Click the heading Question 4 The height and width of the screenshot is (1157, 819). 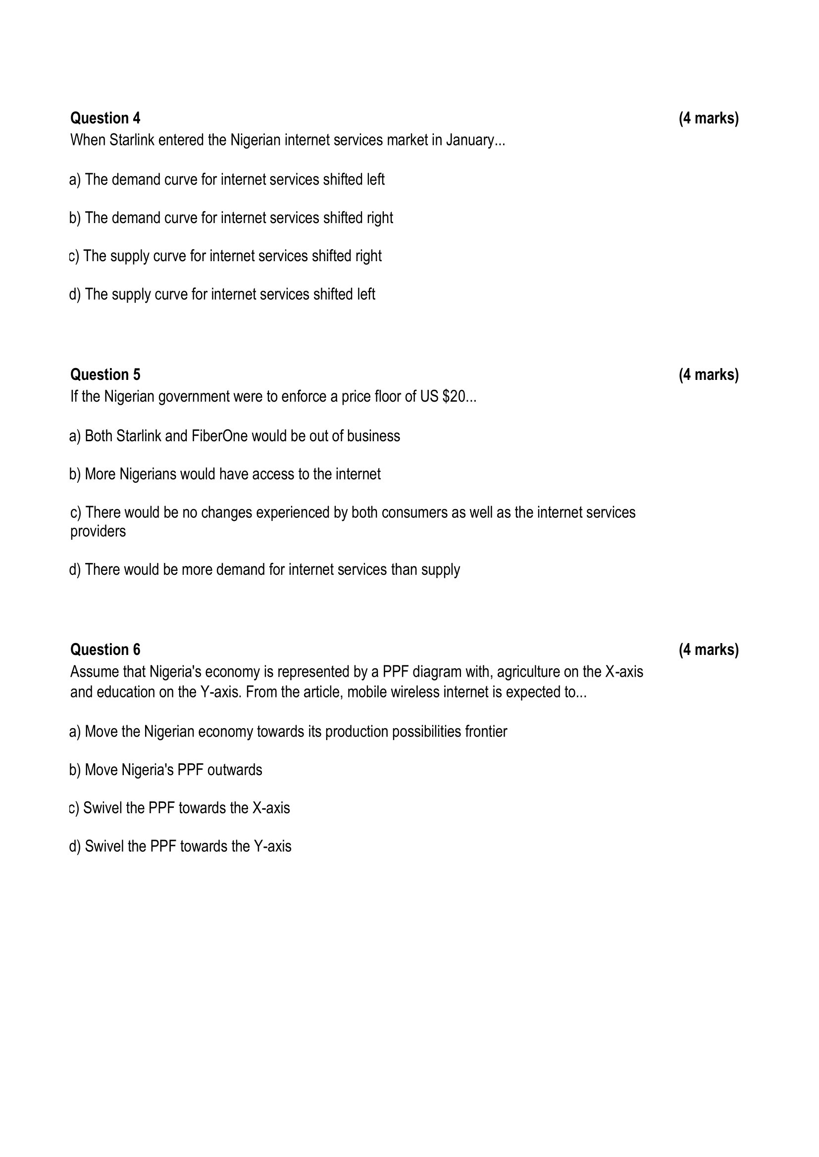point(105,118)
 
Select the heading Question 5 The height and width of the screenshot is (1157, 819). point(105,375)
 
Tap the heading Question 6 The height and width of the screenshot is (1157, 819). point(105,650)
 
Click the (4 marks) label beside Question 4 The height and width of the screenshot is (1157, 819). point(708,118)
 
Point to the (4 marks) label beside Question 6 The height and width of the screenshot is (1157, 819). point(708,650)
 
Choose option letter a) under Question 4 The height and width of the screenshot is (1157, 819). point(75,180)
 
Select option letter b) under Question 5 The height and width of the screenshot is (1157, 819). point(75,475)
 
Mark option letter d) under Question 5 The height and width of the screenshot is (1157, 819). point(75,570)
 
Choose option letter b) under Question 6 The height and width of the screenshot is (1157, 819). point(75,771)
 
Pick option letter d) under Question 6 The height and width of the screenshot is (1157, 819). point(75,846)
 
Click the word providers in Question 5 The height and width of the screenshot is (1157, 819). point(98,532)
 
